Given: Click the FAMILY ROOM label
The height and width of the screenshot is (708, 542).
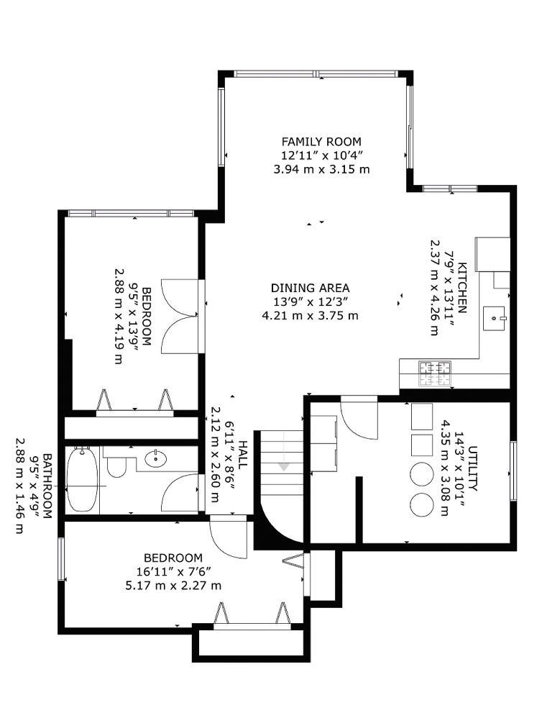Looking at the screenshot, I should point(321,142).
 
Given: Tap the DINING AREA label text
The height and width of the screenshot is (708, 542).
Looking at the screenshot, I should point(311,288).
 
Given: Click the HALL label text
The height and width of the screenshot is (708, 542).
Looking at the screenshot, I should point(243,455).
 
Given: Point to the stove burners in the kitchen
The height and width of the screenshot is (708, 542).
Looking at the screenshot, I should point(436,372).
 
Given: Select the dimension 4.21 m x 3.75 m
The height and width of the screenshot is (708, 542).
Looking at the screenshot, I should point(311,315).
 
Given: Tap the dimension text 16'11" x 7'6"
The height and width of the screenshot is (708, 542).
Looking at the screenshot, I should point(173,571).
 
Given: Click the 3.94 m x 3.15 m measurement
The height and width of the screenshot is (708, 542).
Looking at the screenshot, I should point(321,169).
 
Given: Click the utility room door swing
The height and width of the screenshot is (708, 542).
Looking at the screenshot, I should point(358,418).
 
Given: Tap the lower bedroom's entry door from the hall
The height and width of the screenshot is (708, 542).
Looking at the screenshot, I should point(229,537).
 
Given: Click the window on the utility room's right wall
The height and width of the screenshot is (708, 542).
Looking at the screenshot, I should point(513,471).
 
